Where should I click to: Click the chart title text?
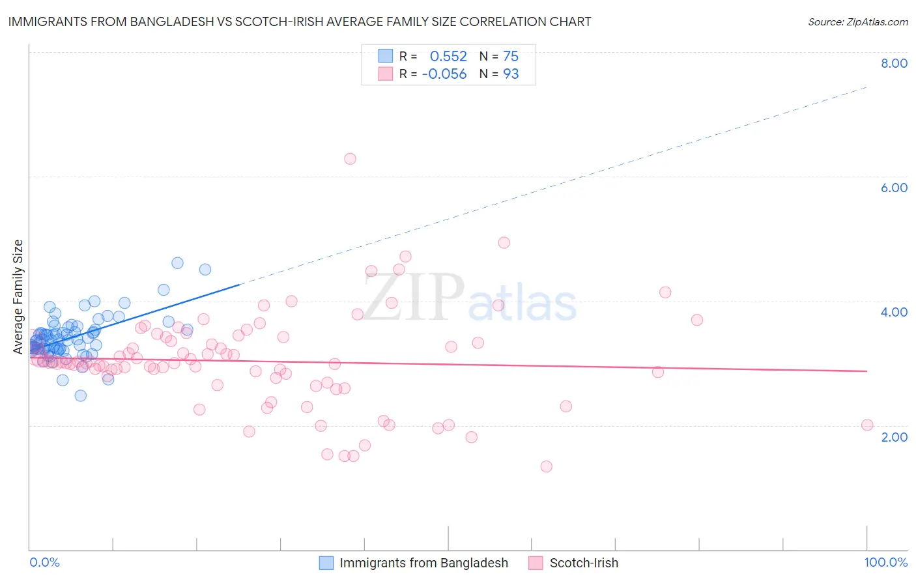[x=300, y=21]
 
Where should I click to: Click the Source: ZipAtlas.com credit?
[x=857, y=22]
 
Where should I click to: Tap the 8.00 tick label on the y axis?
[x=894, y=63]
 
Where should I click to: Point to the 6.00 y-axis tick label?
[x=894, y=188]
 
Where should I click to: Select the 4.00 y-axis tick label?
[x=894, y=312]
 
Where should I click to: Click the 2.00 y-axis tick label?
[x=894, y=437]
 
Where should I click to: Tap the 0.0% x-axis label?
[x=44, y=562]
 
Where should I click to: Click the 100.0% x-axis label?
[x=885, y=562]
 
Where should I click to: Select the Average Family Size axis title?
[x=18, y=297]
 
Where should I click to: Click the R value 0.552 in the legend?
[x=448, y=56]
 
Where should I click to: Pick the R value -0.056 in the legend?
[x=444, y=74]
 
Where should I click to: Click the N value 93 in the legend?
[x=511, y=74]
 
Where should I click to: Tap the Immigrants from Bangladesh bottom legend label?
[x=423, y=563]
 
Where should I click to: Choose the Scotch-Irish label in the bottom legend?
[x=584, y=563]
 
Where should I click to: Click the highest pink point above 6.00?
[x=350, y=158]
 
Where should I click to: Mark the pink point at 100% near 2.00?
[x=867, y=425]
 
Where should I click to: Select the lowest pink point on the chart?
[x=546, y=466]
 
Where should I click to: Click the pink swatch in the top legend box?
[x=386, y=74]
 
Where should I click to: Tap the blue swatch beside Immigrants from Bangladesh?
[x=326, y=563]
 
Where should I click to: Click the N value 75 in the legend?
[x=511, y=56]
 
